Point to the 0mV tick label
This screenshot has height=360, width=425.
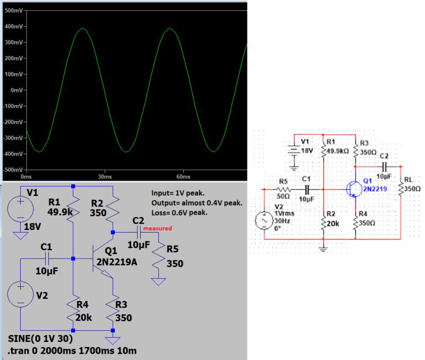(x=14, y=90)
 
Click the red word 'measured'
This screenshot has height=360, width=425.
(x=157, y=229)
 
